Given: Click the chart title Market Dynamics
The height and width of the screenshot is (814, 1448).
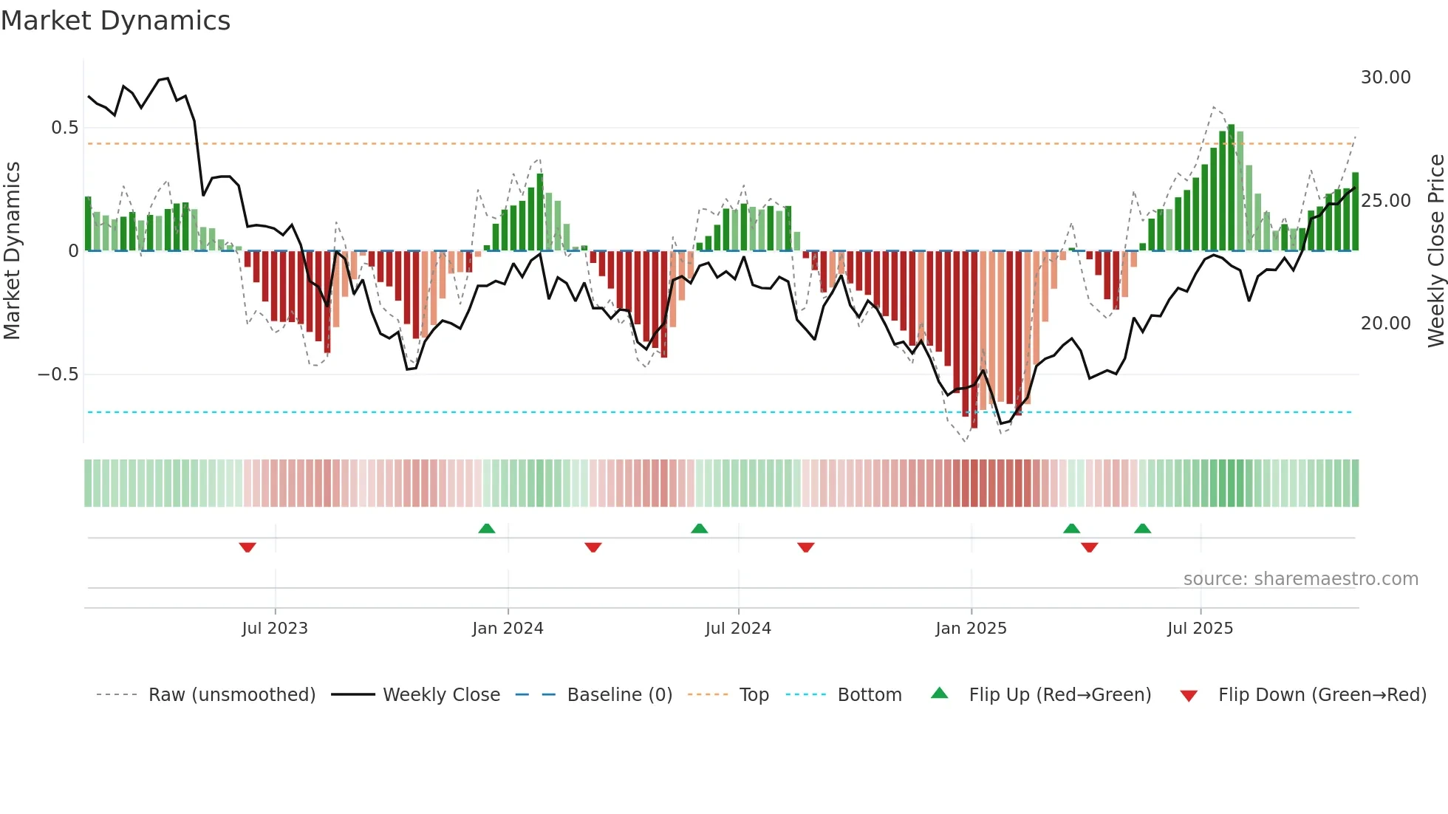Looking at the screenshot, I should pos(116,21).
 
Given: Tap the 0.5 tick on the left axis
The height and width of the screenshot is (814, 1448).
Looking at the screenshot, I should pos(64,128).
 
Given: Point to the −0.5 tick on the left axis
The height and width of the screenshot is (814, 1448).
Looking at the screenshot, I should pos(58,374).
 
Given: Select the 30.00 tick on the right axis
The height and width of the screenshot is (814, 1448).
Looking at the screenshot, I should pos(1385,78).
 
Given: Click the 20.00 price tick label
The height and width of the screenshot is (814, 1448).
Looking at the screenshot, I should pos(1385,324).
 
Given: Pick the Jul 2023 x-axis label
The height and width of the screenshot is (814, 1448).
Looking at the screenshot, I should pos(275,629).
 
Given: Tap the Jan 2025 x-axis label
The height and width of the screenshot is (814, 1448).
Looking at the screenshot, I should pos(971,629).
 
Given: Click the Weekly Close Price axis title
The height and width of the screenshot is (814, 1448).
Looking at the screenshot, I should pos(1435,251).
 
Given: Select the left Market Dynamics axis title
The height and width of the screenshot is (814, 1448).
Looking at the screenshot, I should pos(12,251).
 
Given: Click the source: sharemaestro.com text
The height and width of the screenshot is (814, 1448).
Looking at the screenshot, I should pos(1300,579).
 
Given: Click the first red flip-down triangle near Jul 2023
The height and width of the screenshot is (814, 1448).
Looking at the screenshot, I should pos(247,547).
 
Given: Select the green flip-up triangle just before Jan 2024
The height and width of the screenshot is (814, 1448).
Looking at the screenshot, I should pos(487,528).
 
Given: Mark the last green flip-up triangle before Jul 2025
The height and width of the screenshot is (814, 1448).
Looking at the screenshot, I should pos(1142,528).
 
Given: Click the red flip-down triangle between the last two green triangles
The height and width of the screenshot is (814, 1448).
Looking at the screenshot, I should pos(1089,547).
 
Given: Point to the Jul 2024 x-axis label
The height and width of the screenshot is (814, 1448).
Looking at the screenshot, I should pos(738,629).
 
